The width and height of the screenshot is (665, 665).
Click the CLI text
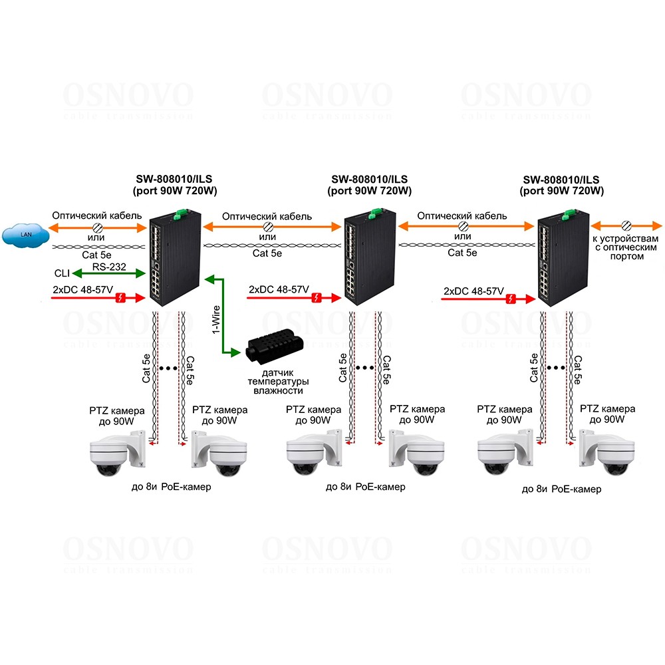tap(61, 273)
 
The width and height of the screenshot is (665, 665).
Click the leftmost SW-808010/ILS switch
tap(174, 257)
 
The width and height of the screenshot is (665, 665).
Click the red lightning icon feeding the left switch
tap(122, 297)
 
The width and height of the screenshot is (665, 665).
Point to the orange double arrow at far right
tap(626, 225)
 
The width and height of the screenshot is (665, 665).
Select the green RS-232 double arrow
tap(109, 272)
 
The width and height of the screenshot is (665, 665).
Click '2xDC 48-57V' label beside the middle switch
tap(279, 290)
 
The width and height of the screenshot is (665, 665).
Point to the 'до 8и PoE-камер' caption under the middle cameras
tap(365, 487)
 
